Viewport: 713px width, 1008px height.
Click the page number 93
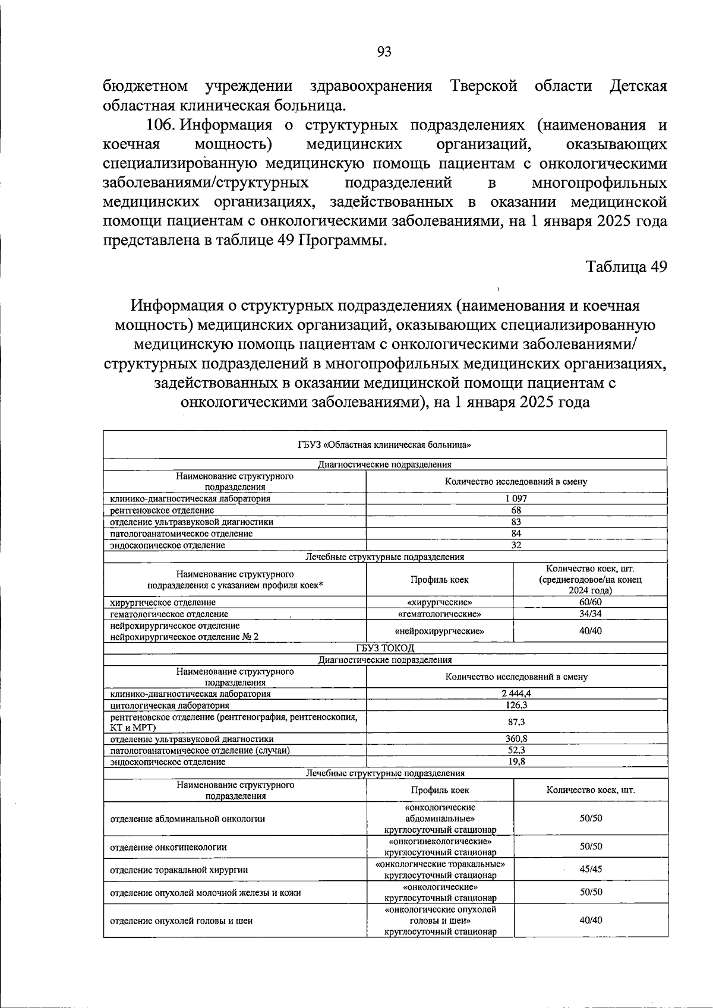pos(384,52)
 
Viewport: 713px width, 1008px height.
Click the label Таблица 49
pos(627,267)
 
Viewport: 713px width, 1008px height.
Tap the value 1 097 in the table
pos(516,498)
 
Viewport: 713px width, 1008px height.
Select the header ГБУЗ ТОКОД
pos(384,648)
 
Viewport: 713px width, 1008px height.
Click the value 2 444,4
pos(516,693)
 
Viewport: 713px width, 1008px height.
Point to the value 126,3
pos(516,705)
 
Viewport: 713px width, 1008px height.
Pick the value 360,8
pos(516,739)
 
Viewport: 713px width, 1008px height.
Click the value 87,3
pos(516,722)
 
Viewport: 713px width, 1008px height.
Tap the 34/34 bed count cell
pos(590,614)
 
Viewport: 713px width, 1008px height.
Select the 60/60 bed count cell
pos(590,602)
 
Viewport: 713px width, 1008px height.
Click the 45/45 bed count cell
pos(590,869)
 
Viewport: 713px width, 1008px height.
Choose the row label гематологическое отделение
pos(169,614)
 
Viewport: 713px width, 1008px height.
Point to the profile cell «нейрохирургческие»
pos(439,631)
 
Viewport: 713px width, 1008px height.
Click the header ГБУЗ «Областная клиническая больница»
pos(384,444)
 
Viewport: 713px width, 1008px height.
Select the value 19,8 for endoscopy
pos(516,761)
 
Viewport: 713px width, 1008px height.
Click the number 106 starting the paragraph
pos(159,126)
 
